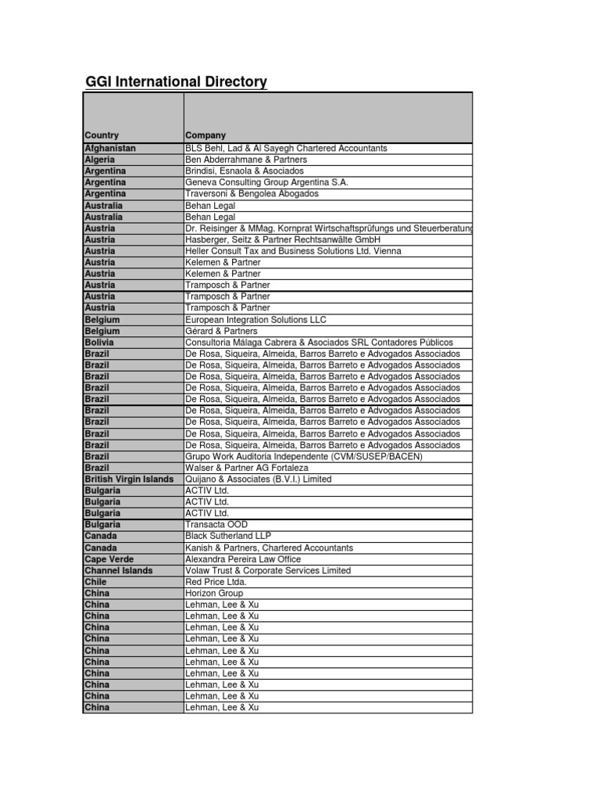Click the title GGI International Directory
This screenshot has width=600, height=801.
click(x=175, y=82)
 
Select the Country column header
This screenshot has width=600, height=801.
click(x=102, y=135)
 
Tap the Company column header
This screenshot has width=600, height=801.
click(x=205, y=135)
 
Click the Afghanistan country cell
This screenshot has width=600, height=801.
click(x=110, y=148)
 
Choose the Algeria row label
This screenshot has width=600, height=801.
click(x=100, y=160)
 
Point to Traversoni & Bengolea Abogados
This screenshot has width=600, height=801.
click(x=252, y=193)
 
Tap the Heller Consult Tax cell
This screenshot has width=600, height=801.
click(x=293, y=251)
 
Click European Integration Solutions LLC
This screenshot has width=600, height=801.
click(x=255, y=320)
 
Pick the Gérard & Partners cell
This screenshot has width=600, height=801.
click(x=221, y=331)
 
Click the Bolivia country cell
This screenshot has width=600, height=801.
click(x=99, y=343)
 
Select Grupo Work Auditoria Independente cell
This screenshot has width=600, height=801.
click(x=304, y=456)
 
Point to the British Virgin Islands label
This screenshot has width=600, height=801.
click(x=129, y=479)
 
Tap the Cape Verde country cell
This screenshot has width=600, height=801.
click(x=109, y=559)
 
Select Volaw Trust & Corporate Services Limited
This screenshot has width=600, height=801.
click(x=268, y=570)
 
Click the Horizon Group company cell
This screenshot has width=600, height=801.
click(x=214, y=593)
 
